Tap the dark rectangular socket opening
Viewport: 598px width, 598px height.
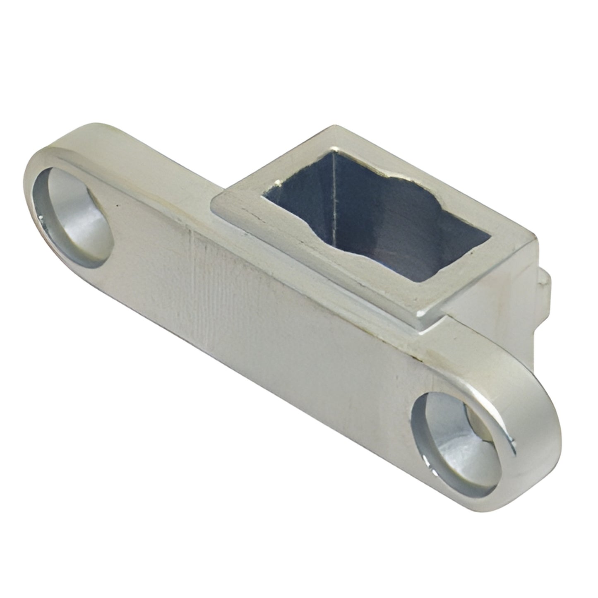(372, 207)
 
